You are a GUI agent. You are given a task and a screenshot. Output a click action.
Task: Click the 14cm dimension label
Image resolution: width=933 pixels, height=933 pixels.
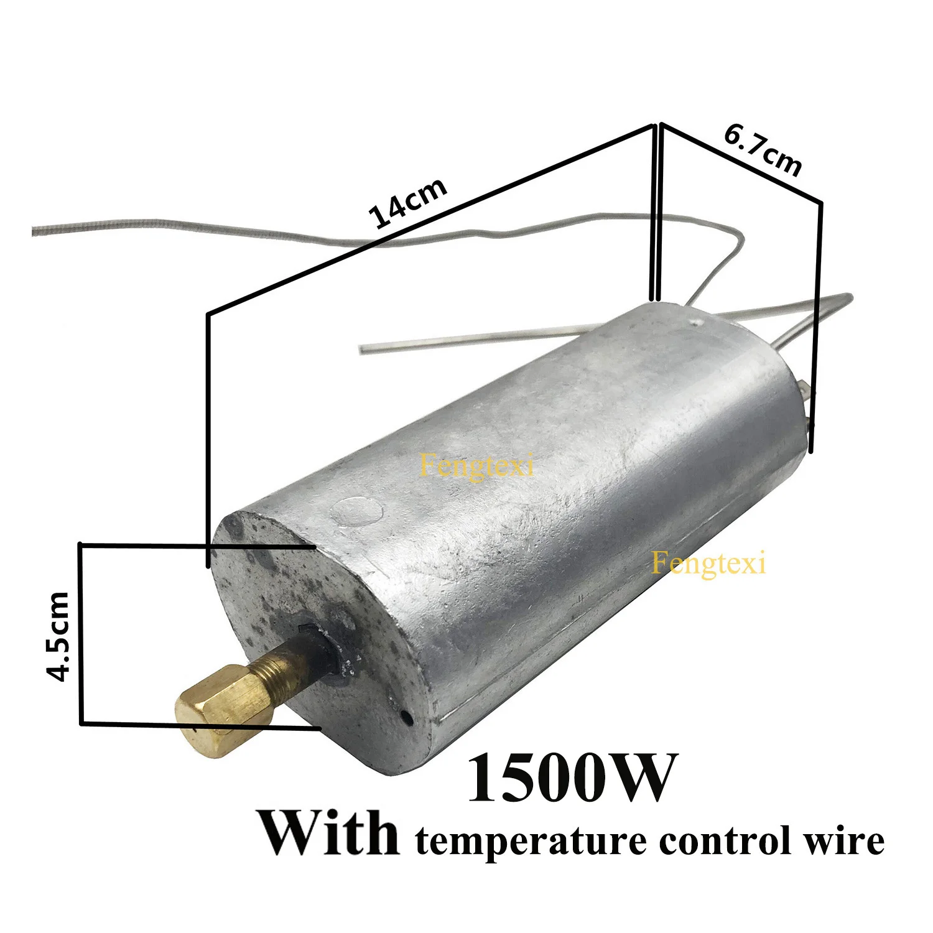point(407,203)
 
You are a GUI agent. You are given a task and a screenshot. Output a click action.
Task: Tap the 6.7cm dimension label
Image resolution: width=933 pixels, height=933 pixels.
point(763,149)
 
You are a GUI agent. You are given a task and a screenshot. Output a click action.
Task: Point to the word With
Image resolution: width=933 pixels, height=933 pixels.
point(329,833)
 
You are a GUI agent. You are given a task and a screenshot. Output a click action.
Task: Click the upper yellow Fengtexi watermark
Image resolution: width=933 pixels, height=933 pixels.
point(476,466)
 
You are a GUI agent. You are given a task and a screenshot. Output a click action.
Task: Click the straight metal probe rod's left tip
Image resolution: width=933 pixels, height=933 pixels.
point(363,349)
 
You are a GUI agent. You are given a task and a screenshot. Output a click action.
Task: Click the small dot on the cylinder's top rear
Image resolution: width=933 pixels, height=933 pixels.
point(695,322)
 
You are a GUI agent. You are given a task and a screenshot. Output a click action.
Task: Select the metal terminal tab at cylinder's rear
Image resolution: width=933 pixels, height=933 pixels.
point(806,392)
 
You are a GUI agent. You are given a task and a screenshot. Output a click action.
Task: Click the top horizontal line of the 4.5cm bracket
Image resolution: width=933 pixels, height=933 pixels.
point(199,545)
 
